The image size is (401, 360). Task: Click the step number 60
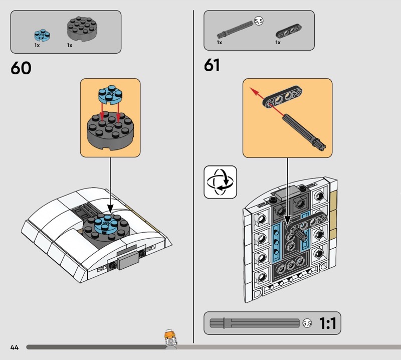click(x=21, y=68)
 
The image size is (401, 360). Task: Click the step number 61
click(x=212, y=65)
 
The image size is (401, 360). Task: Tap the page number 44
click(x=15, y=347)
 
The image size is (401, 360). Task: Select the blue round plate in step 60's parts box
click(x=42, y=35)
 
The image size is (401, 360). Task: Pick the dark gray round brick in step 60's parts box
click(x=83, y=28)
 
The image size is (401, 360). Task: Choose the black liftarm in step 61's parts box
click(x=289, y=31)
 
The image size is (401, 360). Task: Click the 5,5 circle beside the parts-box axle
click(x=259, y=21)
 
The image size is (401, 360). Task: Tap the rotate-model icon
click(x=221, y=182)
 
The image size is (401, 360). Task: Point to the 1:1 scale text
click(x=328, y=323)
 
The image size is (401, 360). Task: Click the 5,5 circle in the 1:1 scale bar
click(x=307, y=323)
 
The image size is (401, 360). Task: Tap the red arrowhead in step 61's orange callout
click(x=253, y=91)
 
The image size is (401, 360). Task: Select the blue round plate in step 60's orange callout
click(x=110, y=95)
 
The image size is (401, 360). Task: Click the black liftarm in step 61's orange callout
click(x=282, y=97)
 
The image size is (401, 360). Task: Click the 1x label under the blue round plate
click(x=37, y=45)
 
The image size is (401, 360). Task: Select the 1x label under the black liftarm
click(x=278, y=43)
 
